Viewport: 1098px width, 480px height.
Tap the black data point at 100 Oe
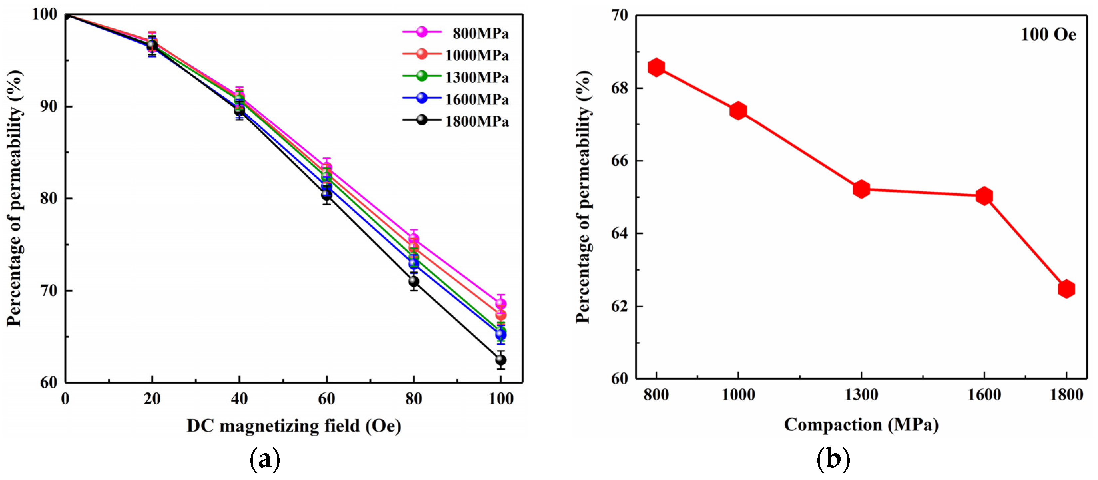501,360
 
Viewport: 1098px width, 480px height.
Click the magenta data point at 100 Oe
501,304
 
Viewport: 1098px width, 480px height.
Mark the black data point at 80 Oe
413,281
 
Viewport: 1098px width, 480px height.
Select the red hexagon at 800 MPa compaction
656,67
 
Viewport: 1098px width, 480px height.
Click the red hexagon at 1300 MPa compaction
861,189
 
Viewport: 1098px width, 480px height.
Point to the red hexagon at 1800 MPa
1066,289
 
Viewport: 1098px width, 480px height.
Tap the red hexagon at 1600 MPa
984,196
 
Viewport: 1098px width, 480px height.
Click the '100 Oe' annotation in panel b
1048,35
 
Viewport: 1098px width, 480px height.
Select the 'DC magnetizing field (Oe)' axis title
294,426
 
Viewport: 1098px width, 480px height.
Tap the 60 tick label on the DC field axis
327,399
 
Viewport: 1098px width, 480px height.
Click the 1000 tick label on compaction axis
738,395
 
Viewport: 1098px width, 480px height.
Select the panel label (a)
265,459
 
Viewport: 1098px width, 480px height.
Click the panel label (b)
833,459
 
